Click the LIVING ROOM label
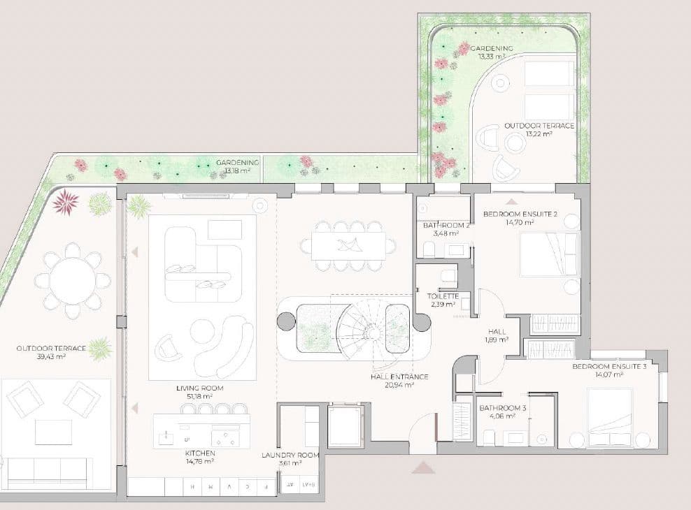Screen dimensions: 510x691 pos(205,388)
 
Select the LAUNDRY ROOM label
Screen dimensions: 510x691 pos(290,455)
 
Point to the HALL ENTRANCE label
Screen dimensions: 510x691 pos(399,377)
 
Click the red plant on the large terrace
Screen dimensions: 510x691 pos(65,201)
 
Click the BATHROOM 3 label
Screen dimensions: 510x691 pos(497,408)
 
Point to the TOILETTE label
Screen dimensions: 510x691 pos(442,296)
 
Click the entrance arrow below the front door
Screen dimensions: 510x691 pos(423,467)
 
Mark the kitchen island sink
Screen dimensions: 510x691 pos(166,437)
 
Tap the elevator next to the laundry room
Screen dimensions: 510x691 pos(345,427)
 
